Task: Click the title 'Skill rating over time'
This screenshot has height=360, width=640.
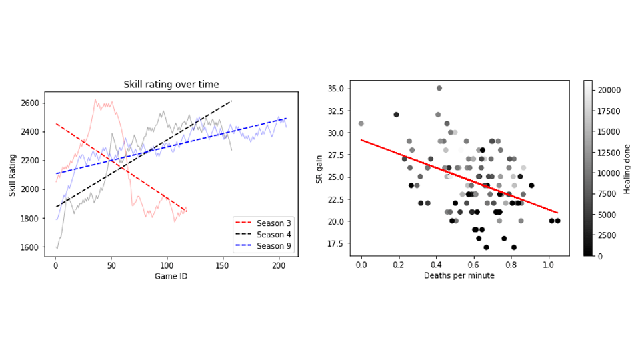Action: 171,85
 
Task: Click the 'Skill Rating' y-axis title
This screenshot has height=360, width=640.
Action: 13,174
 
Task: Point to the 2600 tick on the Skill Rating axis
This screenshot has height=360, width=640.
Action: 30,103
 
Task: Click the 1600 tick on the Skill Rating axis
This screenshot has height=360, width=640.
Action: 30,247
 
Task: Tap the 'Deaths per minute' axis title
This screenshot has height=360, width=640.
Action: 459,275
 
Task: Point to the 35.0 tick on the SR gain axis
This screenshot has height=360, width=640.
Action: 335,89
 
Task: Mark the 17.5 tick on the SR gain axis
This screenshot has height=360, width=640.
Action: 335,243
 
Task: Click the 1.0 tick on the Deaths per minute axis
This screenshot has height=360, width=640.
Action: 548,265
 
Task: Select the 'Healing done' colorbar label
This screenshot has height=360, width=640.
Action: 627,168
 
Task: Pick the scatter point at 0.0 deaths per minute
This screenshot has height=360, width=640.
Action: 361,124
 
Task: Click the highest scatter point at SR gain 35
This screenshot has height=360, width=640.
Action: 439,88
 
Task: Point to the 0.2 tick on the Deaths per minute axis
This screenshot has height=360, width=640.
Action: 399,265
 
